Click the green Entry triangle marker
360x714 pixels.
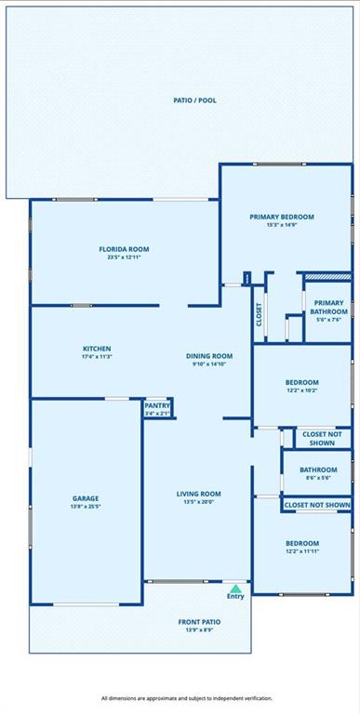tap(235, 588)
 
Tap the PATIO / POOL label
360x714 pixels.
tap(195, 100)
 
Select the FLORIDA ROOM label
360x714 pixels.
tap(124, 249)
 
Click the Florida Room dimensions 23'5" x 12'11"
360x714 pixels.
tap(124, 258)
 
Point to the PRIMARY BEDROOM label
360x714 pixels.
tap(282, 217)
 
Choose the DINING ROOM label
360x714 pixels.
tap(209, 356)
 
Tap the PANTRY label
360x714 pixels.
tap(157, 405)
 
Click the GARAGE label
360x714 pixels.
tap(86, 498)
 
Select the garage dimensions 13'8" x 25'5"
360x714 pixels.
tap(86, 507)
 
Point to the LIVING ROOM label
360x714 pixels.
tap(199, 494)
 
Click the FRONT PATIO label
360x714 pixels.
tap(199, 622)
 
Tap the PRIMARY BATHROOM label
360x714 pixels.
tap(328, 308)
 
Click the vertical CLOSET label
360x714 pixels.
tap(260, 314)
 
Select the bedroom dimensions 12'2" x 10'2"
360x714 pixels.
tap(301, 390)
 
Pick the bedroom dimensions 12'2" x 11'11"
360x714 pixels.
tap(302, 551)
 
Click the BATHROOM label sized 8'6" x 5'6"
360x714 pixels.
tap(318, 469)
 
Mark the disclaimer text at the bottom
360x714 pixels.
tap(187, 698)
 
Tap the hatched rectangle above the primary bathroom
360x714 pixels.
tap(328, 276)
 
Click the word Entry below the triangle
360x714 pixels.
tap(235, 597)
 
